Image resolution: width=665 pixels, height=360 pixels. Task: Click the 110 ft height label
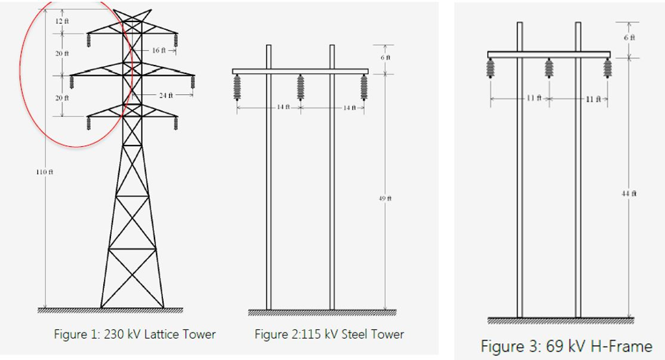(x=45, y=172)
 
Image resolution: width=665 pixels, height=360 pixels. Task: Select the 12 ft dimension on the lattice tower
(x=62, y=21)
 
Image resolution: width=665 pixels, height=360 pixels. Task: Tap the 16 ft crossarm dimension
(x=159, y=50)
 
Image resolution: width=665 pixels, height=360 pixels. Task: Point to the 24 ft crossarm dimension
(x=166, y=96)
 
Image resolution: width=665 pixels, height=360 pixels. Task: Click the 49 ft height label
(x=385, y=198)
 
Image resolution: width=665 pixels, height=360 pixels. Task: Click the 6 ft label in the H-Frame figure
(x=629, y=38)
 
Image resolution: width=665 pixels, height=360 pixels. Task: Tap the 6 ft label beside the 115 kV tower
(x=385, y=57)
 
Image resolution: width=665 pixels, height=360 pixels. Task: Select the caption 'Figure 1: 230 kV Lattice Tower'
(x=134, y=335)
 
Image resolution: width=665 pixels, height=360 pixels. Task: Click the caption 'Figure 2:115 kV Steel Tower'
(x=329, y=335)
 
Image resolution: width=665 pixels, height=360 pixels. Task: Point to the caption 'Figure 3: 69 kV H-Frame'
(x=566, y=345)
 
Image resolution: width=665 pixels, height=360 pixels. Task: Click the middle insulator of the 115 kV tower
(x=301, y=87)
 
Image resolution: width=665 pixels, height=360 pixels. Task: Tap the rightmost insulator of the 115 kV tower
(x=364, y=87)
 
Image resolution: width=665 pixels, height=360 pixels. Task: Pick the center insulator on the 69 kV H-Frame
(x=549, y=69)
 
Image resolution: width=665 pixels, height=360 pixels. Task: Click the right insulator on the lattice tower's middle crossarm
(x=193, y=83)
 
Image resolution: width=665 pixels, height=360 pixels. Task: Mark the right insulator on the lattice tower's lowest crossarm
(x=175, y=123)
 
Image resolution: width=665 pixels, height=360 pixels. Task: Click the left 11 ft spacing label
(x=534, y=98)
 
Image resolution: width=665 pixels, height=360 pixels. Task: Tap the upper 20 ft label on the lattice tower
(x=62, y=53)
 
